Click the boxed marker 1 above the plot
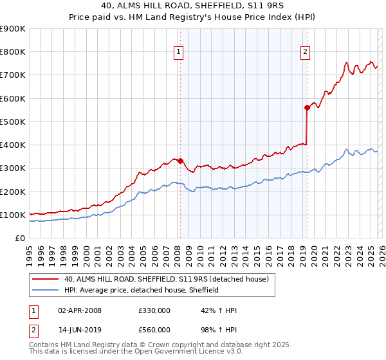pyautogui.click(x=178, y=53)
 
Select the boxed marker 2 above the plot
pyautogui.click(x=305, y=53)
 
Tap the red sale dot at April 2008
pyautogui.click(x=180, y=161)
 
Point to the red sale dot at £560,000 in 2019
pyautogui.click(x=308, y=108)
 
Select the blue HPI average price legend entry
pyautogui.click(x=142, y=290)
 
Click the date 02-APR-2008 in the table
pyautogui.click(x=80, y=310)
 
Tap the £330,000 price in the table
pyautogui.click(x=154, y=310)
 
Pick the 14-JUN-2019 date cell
pyautogui.click(x=80, y=330)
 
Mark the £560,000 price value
pyautogui.click(x=154, y=330)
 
